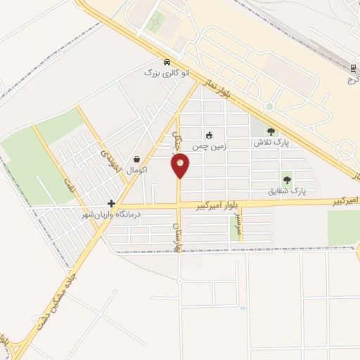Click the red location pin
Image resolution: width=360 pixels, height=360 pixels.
coord(180,166)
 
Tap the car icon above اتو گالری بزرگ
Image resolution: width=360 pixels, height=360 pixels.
coord(165,62)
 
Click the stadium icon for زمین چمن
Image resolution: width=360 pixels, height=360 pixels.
coord(209,135)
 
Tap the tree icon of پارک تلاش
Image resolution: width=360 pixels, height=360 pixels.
coord(271,131)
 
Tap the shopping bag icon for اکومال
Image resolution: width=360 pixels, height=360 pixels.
coord(136,159)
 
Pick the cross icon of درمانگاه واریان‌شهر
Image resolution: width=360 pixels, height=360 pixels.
coord(111,202)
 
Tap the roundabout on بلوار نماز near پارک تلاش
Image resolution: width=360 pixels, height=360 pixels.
coord(269,107)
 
